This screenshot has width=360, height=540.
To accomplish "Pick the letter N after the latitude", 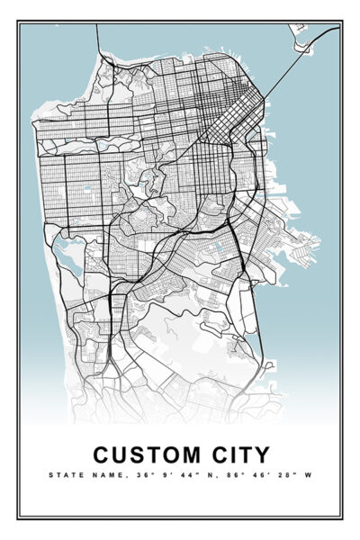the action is [x=209, y=474].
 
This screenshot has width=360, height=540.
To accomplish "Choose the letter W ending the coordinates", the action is [x=309, y=474].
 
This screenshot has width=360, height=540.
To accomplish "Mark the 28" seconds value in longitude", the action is [x=285, y=474].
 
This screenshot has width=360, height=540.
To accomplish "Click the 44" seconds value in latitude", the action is [x=188, y=474].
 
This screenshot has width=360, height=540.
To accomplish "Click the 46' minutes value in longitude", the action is [x=258, y=474].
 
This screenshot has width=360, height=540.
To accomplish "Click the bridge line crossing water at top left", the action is [x=97, y=40].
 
